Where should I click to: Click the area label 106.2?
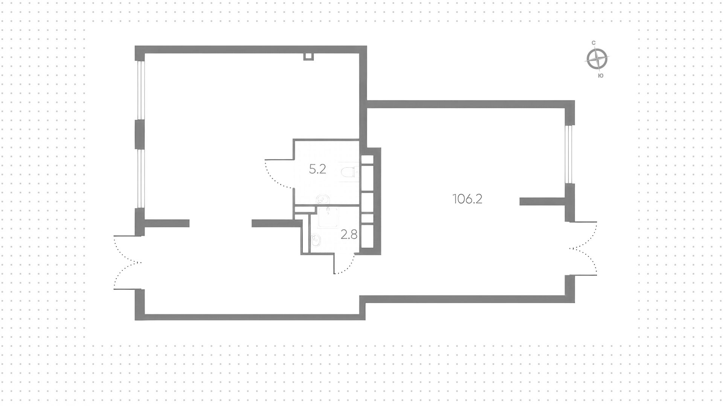(467, 199)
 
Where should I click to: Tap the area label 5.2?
(317, 169)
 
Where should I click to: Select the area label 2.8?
(349, 235)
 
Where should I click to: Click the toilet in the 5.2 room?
(348, 172)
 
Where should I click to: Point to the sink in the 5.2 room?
(322, 199)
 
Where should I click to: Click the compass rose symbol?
(597, 60)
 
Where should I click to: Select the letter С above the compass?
(593, 43)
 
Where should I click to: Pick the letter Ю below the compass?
(601, 76)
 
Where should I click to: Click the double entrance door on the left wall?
(127, 263)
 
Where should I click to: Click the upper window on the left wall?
(140, 90)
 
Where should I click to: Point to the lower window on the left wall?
(140, 179)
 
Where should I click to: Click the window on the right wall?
(569, 154)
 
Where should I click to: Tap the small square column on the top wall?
(308, 56)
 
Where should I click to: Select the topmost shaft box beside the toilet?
(367, 159)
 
